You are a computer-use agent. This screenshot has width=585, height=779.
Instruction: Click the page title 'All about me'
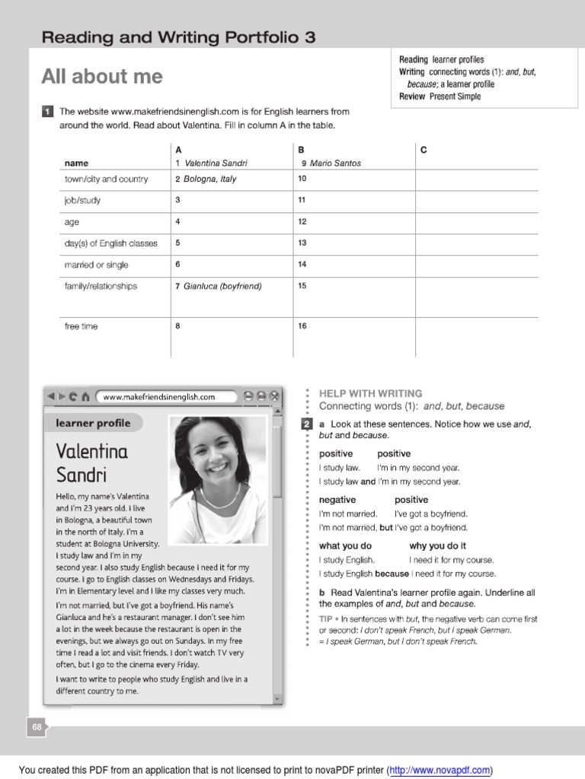102,77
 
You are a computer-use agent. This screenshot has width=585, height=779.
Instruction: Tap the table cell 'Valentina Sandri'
216,163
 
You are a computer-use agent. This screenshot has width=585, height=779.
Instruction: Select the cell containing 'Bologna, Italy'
210,180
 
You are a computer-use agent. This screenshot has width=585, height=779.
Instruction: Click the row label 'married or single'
97,265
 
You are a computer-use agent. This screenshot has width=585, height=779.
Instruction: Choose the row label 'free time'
82,326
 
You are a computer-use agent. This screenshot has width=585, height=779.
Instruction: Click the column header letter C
424,150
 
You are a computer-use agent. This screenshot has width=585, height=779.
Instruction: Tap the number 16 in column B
302,326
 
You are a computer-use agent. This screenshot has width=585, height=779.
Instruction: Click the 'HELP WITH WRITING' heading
370,393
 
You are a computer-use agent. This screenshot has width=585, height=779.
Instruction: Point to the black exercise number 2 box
306,424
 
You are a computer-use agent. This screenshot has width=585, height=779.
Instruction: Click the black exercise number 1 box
47,112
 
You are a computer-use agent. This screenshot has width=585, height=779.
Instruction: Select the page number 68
37,728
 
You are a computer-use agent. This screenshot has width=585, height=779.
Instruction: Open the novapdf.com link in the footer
440,771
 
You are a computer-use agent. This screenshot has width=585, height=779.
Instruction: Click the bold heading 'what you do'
345,545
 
